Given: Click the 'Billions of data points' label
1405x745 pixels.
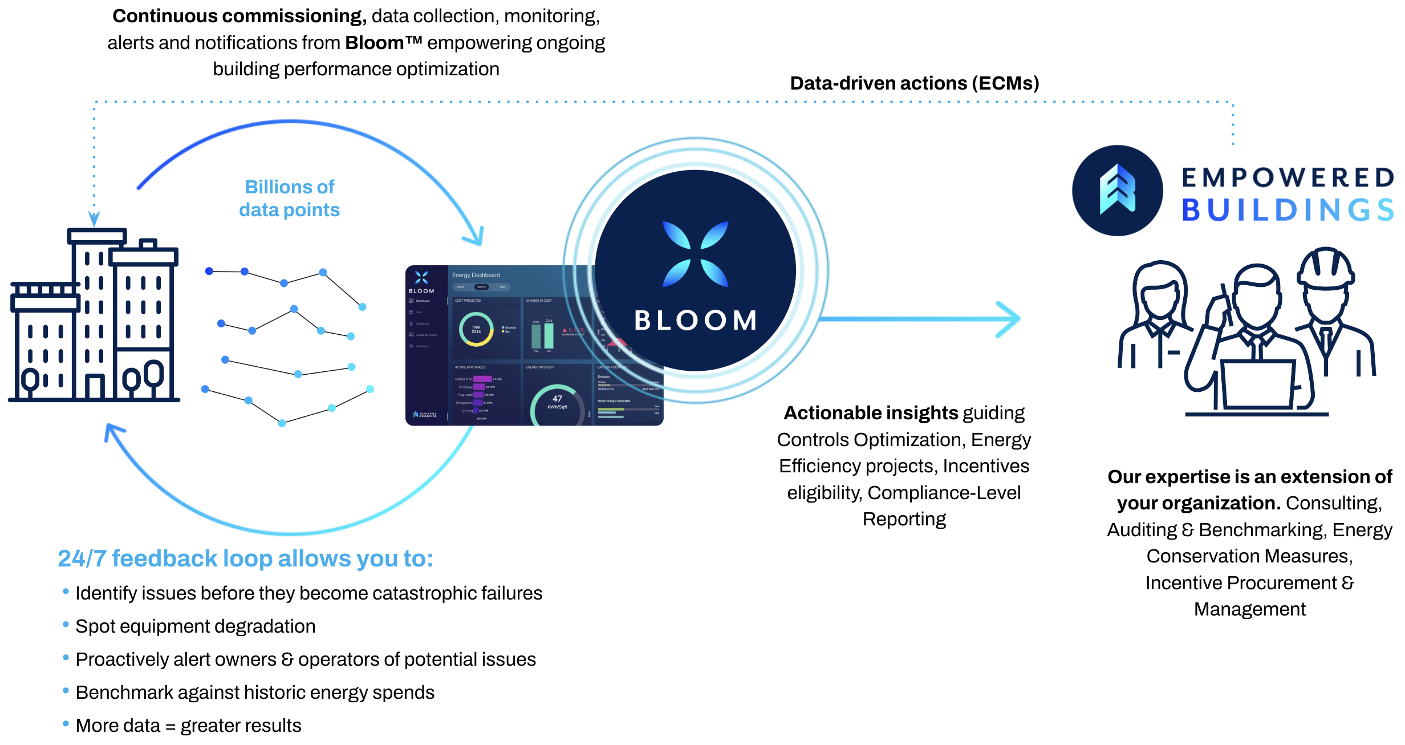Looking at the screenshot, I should pyautogui.click(x=290, y=199).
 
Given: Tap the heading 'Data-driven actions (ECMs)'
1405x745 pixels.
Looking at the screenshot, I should pyautogui.click(x=914, y=83).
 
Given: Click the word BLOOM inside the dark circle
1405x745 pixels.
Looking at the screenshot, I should pyautogui.click(x=696, y=321).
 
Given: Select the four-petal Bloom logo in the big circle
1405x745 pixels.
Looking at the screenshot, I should pyautogui.click(x=696, y=254).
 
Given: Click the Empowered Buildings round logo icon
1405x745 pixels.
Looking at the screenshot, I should pyautogui.click(x=1117, y=191).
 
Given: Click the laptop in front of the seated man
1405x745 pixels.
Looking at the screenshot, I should pyautogui.click(x=1257, y=384).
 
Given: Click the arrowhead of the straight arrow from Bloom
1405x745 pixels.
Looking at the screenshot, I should pyautogui.click(x=1009, y=319).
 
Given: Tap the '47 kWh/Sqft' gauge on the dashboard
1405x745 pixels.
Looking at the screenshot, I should pyautogui.click(x=557, y=403).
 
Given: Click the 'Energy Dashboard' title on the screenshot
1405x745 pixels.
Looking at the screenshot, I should pyautogui.click(x=476, y=275).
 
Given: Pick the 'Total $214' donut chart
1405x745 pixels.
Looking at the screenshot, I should pyautogui.click(x=476, y=330).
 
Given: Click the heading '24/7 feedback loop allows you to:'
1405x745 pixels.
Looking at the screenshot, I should pyautogui.click(x=245, y=558).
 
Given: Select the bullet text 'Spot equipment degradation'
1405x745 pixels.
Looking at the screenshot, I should pyautogui.click(x=195, y=626).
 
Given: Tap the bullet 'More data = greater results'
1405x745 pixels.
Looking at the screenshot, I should pyautogui.click(x=188, y=726).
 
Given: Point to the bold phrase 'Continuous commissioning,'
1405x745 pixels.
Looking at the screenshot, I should pyautogui.click(x=239, y=16).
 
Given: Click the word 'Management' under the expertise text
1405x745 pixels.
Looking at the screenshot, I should pyautogui.click(x=1249, y=609).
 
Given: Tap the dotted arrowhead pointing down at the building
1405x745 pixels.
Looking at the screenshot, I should pyautogui.click(x=94, y=218).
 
